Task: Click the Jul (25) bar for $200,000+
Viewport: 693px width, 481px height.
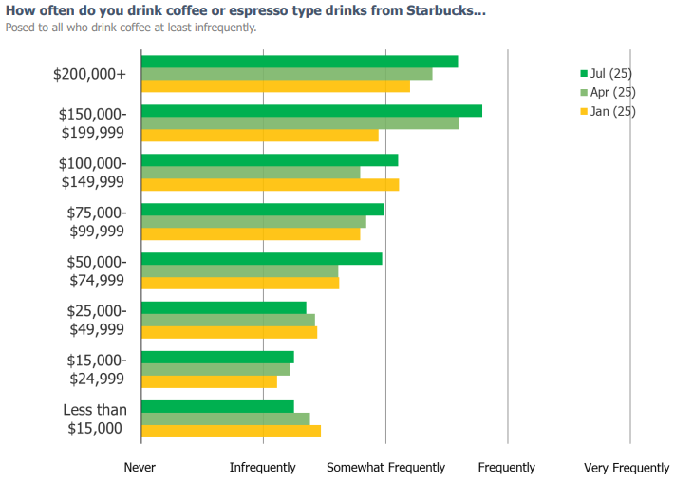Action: tap(299, 62)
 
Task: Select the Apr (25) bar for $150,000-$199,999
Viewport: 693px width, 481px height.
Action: tap(299, 123)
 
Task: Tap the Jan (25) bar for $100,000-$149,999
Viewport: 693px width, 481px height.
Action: tap(270, 184)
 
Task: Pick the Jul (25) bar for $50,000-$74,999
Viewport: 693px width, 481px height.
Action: tap(261, 258)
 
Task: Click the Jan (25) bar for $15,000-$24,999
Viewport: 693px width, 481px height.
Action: tap(209, 381)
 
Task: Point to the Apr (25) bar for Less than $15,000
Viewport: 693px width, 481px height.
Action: tap(225, 418)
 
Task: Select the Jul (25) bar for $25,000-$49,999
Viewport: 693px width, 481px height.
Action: tap(223, 307)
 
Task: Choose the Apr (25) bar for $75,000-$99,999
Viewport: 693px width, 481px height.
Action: tap(253, 222)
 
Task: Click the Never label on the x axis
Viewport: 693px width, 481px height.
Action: tap(140, 468)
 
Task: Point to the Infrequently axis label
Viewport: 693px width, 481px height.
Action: tap(263, 468)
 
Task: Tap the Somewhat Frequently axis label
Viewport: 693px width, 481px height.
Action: tap(385, 468)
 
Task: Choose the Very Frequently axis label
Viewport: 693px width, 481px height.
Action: tap(627, 468)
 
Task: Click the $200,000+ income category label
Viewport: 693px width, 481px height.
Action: tap(89, 74)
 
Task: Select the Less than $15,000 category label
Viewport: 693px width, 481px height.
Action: tap(94, 418)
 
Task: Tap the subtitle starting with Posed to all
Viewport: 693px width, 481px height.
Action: tap(131, 28)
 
